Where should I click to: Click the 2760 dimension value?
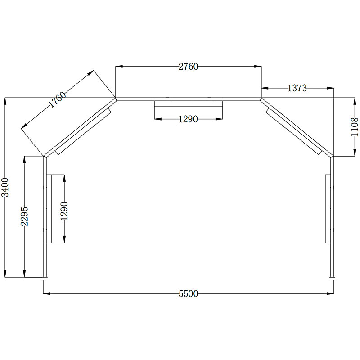(x=188, y=67)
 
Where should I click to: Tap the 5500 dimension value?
(x=188, y=294)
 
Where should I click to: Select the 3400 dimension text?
(x=5, y=187)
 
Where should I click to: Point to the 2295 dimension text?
(x=25, y=216)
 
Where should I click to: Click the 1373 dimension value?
(x=297, y=88)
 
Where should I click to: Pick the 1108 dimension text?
(x=355, y=126)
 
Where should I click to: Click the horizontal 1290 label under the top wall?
(x=188, y=119)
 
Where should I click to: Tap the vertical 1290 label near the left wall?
(x=65, y=210)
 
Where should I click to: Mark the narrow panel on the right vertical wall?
(x=328, y=209)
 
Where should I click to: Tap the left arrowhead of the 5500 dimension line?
(x=45, y=293)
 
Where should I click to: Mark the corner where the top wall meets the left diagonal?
(x=116, y=99)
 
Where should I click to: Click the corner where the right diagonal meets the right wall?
(x=333, y=156)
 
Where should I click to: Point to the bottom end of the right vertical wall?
(x=332, y=276)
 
